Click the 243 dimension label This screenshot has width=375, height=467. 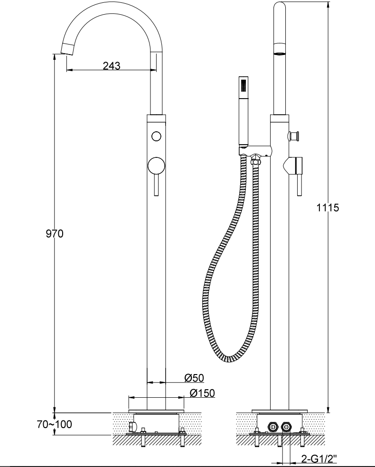112,65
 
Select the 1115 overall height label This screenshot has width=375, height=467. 328,208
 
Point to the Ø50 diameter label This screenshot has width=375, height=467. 194,378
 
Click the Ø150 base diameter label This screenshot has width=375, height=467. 202,393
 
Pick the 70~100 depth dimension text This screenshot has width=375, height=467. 55,424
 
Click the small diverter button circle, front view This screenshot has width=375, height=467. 156,137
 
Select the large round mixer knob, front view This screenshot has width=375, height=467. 156,166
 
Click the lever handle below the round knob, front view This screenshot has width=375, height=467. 156,185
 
